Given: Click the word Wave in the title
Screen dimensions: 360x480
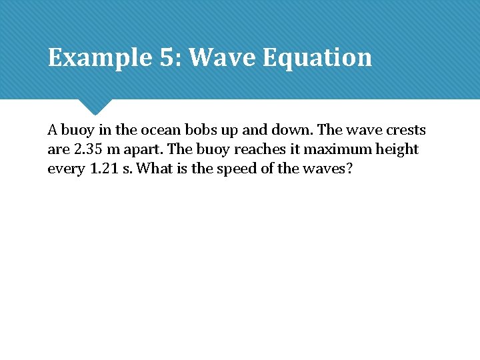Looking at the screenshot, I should pyautogui.click(x=222, y=58).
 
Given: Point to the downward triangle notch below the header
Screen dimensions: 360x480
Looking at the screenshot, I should pyautogui.click(x=95, y=106).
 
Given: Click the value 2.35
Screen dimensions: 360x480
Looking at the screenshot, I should pyautogui.click(x=87, y=149).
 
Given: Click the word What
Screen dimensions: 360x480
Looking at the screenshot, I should pyautogui.click(x=155, y=169).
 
